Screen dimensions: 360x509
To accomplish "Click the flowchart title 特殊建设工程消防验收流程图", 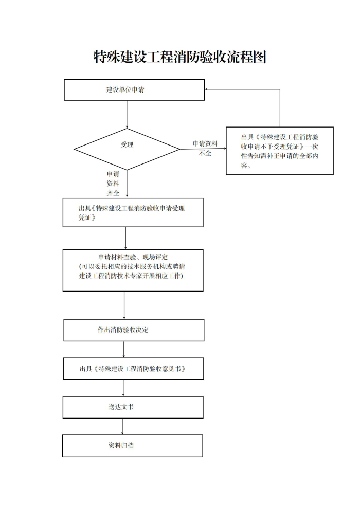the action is [180, 57].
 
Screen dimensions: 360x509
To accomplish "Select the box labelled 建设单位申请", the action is [134, 90].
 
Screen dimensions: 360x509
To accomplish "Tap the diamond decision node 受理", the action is [127, 149].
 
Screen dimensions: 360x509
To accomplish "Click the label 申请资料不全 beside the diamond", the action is [205, 148].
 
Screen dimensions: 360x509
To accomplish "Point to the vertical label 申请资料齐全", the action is [113, 184].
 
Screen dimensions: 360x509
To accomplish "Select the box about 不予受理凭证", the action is [280, 151].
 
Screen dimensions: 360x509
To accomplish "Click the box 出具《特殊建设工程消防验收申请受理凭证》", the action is [133, 213].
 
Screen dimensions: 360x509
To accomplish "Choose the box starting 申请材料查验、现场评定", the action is [133, 270].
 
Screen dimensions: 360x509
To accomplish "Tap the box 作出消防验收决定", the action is [134, 330].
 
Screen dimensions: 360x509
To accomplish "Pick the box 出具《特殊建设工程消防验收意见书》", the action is [133, 369].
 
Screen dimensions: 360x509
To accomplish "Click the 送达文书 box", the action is [133, 407].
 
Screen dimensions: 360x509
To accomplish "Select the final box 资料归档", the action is [133, 446].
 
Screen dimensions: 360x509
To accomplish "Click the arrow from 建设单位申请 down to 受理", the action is [127, 114].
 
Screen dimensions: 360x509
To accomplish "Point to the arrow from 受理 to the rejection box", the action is [203, 149].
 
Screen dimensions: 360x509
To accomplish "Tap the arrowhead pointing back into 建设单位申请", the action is [206, 89].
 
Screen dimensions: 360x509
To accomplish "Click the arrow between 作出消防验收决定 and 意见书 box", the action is [123, 350].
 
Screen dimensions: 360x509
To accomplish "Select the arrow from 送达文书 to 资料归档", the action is [122, 427].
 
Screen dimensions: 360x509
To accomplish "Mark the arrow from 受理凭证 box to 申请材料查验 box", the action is [125, 238].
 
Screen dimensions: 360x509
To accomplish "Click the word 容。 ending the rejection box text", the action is [246, 166].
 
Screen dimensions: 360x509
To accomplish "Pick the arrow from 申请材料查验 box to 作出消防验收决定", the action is [124, 305].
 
